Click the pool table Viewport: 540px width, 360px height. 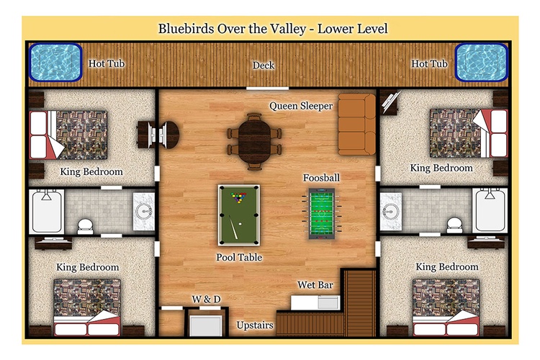pyautogui.click(x=239, y=215)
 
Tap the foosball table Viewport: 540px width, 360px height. pyautogui.click(x=321, y=214)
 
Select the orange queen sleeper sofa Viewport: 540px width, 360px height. pyautogui.click(x=356, y=125)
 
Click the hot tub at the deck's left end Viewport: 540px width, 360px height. pyautogui.click(x=55, y=63)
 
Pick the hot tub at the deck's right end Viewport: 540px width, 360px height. pyautogui.click(x=482, y=63)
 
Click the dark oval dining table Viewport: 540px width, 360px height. pyautogui.click(x=254, y=142)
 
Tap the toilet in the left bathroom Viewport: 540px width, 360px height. pyautogui.click(x=85, y=226)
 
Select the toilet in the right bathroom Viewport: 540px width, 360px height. pyautogui.click(x=454, y=225)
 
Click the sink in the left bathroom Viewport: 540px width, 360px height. pyautogui.click(x=143, y=211)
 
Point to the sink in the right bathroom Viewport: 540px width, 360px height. pyautogui.click(x=390, y=211)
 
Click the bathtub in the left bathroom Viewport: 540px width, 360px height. pyautogui.click(x=47, y=211)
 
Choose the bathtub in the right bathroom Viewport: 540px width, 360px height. pyautogui.click(x=490, y=210)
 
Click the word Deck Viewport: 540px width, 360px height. pyautogui.click(x=264, y=65)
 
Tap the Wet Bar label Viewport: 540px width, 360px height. pyautogui.click(x=315, y=285)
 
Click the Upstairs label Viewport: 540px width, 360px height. pyautogui.click(x=255, y=325)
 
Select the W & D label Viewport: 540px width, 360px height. pyautogui.click(x=207, y=299)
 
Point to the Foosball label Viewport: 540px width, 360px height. pyautogui.click(x=321, y=178)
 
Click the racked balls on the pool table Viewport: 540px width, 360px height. pyautogui.click(x=238, y=197)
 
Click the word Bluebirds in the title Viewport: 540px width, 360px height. pyautogui.click(x=186, y=29)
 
